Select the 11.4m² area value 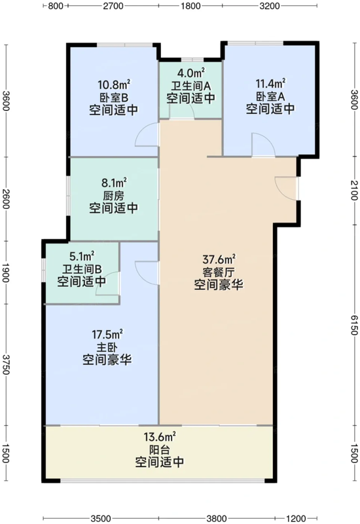pyautogui.click(x=270, y=83)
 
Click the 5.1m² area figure pyautogui.click(x=82, y=255)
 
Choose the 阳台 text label pyautogui.click(x=159, y=449)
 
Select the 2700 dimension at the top pyautogui.click(x=113, y=7)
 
